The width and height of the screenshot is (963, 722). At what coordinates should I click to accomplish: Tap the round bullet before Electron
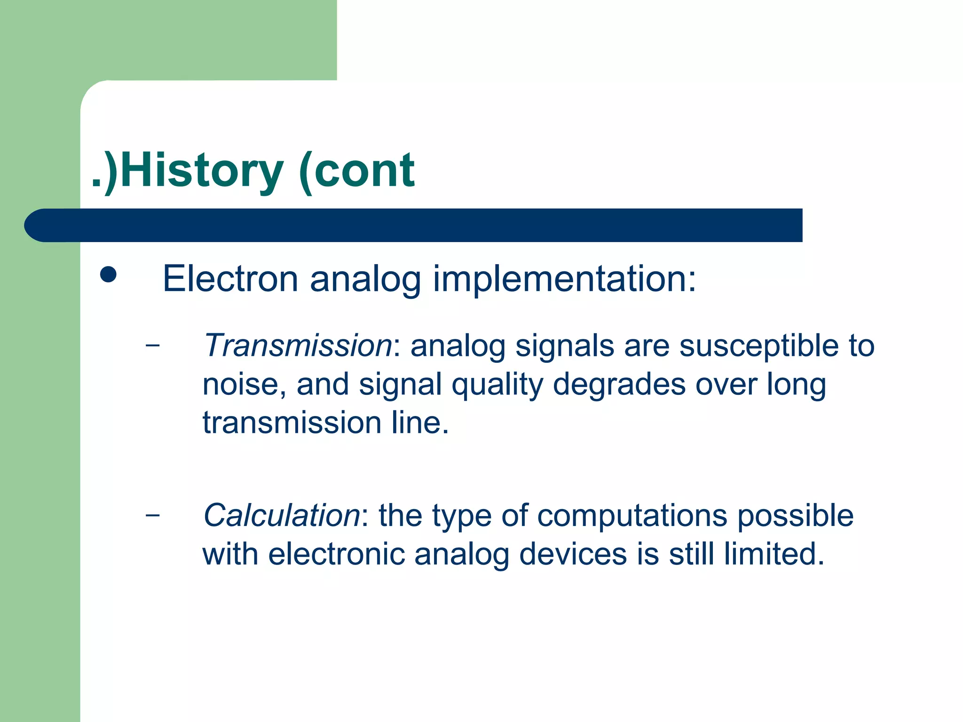click(x=108, y=275)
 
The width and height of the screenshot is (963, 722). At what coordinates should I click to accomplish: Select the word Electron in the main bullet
click(x=230, y=279)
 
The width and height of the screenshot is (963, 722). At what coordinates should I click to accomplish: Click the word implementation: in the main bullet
click(x=564, y=280)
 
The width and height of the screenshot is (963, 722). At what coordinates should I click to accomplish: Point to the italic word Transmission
click(x=297, y=345)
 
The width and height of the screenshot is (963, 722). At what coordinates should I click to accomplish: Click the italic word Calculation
click(x=282, y=515)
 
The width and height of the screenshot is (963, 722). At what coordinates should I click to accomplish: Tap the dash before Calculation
click(x=152, y=515)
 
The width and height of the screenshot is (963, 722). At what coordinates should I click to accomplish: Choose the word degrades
click(x=619, y=384)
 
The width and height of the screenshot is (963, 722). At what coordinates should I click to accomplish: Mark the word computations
click(x=632, y=516)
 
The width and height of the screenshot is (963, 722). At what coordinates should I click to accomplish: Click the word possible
click(x=795, y=515)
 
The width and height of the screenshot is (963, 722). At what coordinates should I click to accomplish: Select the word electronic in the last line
click(x=337, y=554)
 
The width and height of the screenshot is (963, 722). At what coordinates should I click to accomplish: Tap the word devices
click(x=573, y=554)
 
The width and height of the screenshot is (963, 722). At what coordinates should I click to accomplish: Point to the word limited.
click(x=774, y=554)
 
